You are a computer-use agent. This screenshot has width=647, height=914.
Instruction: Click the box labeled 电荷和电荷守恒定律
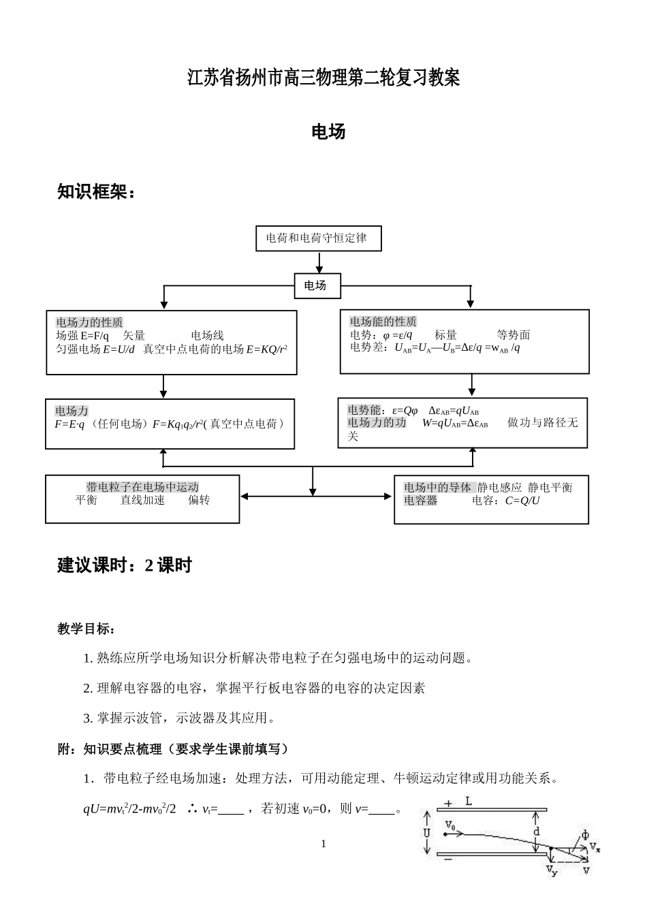(318, 238)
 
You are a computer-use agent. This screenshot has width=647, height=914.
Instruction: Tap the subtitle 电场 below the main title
(328, 131)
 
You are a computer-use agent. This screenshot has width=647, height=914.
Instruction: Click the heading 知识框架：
(96, 192)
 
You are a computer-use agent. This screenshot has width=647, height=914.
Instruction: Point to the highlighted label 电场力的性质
(89, 322)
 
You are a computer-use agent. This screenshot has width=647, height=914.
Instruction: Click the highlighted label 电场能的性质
(383, 321)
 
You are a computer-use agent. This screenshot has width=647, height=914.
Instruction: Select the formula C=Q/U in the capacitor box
(522, 501)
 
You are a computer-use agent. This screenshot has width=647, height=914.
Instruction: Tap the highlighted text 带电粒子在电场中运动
(142, 487)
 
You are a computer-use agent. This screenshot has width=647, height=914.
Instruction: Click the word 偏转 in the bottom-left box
(199, 500)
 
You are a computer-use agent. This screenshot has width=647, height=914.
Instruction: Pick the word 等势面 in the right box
(514, 334)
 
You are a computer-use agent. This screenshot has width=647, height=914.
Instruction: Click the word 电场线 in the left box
(207, 335)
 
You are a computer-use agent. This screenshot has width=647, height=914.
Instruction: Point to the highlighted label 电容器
(421, 501)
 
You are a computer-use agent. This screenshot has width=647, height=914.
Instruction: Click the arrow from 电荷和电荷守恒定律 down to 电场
(319, 262)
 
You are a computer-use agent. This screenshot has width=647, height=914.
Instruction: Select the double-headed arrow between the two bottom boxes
(317, 497)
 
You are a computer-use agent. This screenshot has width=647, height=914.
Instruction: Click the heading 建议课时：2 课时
(125, 565)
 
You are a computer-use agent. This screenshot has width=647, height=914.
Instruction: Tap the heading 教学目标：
(86, 629)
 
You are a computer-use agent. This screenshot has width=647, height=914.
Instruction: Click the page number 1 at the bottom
(323, 844)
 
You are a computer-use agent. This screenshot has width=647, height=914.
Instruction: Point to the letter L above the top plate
(469, 802)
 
